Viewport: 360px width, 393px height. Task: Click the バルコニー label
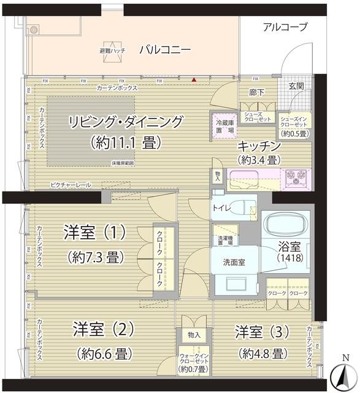tap(165, 50)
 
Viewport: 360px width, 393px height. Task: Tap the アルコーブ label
tap(285, 26)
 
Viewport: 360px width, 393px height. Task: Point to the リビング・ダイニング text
tap(126, 122)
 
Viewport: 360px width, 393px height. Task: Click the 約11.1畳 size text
tap(125, 142)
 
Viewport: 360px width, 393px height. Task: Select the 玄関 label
tap(296, 86)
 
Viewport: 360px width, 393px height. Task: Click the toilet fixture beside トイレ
tap(247, 206)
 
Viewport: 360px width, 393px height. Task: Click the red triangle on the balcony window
tap(194, 80)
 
